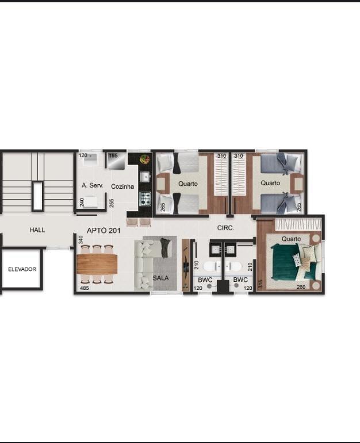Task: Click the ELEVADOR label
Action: [22, 269]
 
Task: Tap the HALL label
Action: [37, 230]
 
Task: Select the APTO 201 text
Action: [104, 231]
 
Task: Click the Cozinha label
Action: [122, 186]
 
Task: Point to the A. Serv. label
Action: [93, 186]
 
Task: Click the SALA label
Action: [161, 278]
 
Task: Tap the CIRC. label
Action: [225, 228]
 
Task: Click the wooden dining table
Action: [97, 264]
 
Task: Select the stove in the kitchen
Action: [145, 198]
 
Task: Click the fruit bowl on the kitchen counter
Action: [145, 159]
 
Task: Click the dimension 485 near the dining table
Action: [85, 288]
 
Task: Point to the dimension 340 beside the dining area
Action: [81, 240]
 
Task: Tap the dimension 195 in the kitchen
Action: [113, 156]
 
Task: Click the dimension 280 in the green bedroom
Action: [301, 287]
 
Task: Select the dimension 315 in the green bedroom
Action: [261, 284]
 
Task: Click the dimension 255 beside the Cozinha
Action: [112, 203]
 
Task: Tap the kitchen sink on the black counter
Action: [145, 177]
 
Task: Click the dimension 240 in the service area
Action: [82, 203]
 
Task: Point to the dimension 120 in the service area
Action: [83, 155]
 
